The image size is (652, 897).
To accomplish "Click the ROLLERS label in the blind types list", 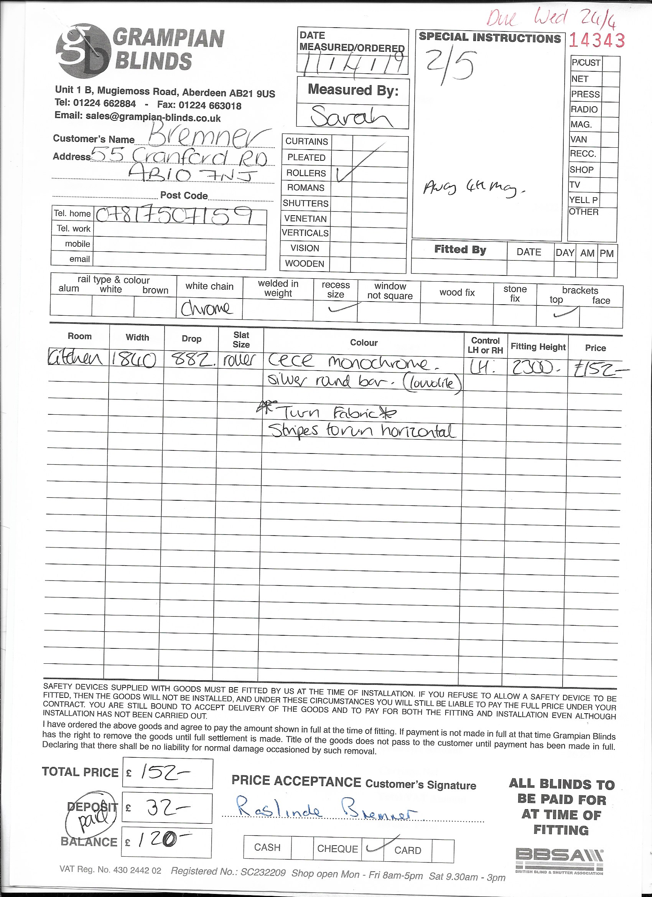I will [x=306, y=173].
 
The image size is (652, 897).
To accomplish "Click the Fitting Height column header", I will [x=538, y=347].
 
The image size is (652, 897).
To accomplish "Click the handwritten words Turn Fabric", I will [x=332, y=413].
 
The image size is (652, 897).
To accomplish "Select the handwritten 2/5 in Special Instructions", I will [x=448, y=65].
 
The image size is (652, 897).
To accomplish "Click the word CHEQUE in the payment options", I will [x=337, y=849].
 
